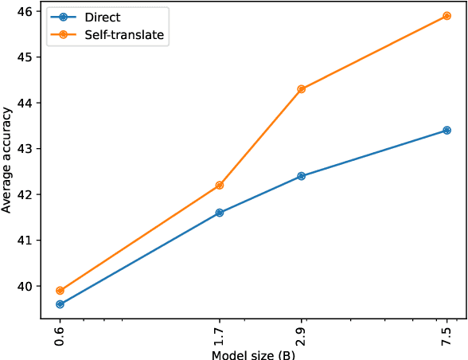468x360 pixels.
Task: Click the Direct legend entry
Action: pyautogui.click(x=102, y=18)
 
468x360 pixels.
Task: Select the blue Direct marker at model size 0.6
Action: pyautogui.click(x=60, y=304)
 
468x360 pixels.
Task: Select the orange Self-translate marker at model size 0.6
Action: pyautogui.click(x=60, y=291)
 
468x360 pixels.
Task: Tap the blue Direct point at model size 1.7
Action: pyautogui.click(x=220, y=213)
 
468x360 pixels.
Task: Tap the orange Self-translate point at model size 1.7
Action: pyautogui.click(x=220, y=186)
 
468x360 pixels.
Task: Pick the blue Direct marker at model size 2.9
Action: pyautogui.click(x=301, y=176)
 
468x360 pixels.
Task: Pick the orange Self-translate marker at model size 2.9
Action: pyautogui.click(x=301, y=89)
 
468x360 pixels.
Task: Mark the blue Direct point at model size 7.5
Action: pyautogui.click(x=447, y=130)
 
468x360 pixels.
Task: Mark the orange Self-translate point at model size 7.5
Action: pyautogui.click(x=447, y=16)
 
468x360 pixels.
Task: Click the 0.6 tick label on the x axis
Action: pyautogui.click(x=60, y=333)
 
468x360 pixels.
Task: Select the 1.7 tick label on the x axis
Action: pyautogui.click(x=220, y=333)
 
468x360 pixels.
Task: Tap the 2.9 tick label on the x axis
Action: pyautogui.click(x=301, y=333)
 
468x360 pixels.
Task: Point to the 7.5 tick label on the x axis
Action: pyautogui.click(x=447, y=333)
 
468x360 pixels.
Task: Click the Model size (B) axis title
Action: pyautogui.click(x=253, y=354)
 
